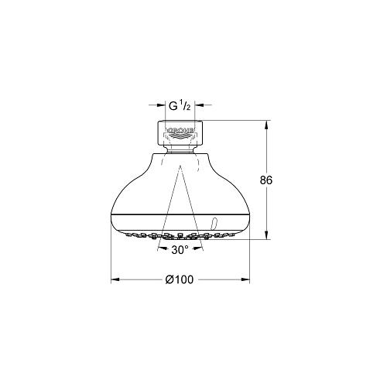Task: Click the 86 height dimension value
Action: point(266,180)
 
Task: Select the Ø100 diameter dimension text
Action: point(180,279)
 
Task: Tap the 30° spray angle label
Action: point(180,249)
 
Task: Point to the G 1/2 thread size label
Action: point(180,105)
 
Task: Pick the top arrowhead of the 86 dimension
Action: point(266,125)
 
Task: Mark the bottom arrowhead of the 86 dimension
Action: point(266,235)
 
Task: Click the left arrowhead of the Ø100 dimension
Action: point(115,279)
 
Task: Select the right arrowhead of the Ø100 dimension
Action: point(245,279)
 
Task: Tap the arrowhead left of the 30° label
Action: point(162,248)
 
